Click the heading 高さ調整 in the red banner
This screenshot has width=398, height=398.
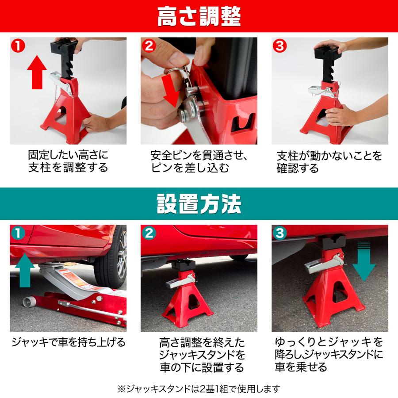[x=199, y=16]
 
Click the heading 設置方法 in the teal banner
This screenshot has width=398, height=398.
[x=199, y=204]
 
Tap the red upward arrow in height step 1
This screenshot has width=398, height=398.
[x=37, y=72]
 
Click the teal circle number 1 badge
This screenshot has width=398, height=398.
[x=18, y=233]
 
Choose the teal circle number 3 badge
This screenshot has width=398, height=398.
[x=279, y=233]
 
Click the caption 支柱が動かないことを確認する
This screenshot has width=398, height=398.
[x=329, y=162]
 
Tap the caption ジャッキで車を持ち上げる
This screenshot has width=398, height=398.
[x=68, y=342]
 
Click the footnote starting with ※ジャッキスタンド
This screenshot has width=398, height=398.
[x=199, y=389]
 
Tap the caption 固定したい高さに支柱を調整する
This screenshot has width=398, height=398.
[x=68, y=162]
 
